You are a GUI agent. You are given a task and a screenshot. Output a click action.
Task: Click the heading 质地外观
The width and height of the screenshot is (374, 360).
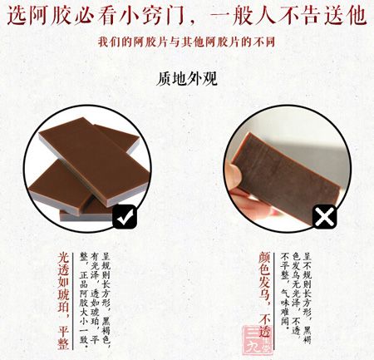[187, 81]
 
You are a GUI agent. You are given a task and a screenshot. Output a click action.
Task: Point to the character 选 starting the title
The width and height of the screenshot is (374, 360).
[17, 16]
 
